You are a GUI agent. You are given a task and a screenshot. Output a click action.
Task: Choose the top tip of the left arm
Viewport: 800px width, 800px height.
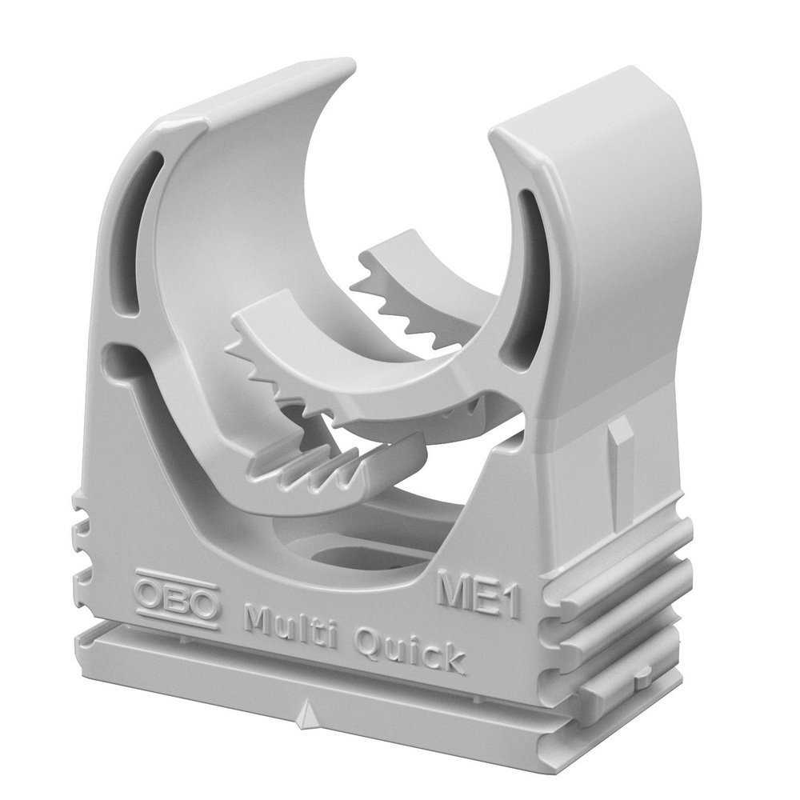coord(349,67)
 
